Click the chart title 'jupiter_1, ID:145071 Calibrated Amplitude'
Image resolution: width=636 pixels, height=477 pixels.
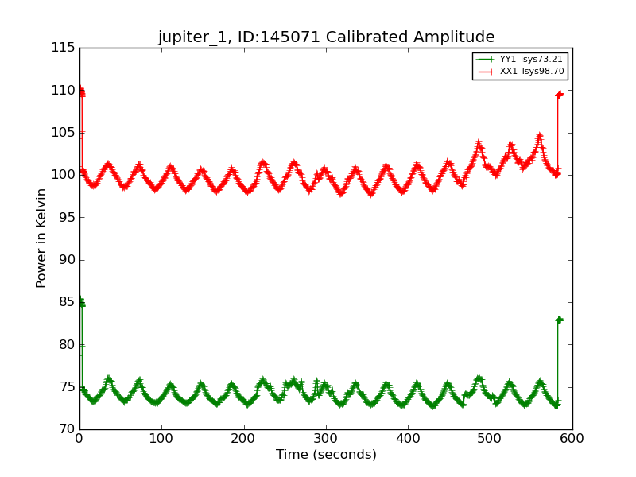click(326, 37)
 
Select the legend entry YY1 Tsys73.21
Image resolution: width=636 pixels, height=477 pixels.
click(531, 60)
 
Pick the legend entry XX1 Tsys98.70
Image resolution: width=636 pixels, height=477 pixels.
click(531, 72)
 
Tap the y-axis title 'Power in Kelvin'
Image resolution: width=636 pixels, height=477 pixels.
click(42, 238)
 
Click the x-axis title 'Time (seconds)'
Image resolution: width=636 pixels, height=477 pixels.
click(326, 455)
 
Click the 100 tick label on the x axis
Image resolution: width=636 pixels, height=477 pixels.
click(161, 438)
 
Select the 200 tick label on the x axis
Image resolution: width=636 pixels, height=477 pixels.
click(244, 438)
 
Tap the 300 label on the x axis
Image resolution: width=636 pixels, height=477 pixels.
click(326, 438)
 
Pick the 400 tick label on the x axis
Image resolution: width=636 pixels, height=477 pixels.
click(408, 438)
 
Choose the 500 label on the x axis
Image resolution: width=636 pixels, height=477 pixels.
click(491, 438)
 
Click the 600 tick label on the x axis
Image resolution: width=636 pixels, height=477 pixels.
click(572, 438)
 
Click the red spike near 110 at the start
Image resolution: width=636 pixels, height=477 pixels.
click(81, 91)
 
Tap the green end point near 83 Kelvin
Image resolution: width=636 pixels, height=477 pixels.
click(559, 320)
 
